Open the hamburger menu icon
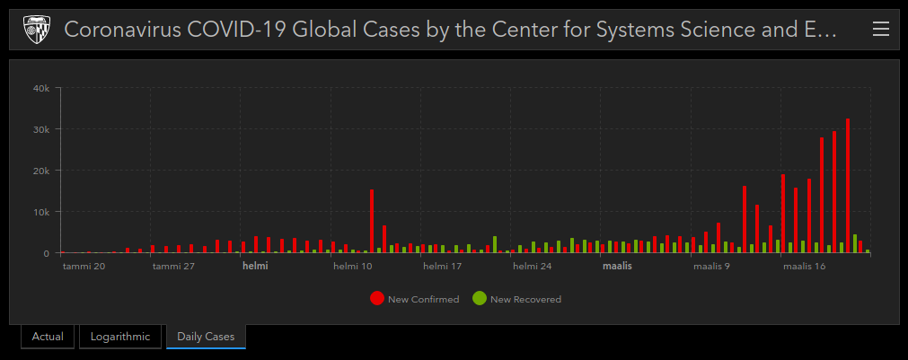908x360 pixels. click(x=881, y=30)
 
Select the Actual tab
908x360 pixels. click(x=48, y=337)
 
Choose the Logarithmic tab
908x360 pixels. click(x=119, y=337)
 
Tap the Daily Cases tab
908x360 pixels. click(x=206, y=337)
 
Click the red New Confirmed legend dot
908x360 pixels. click(x=377, y=299)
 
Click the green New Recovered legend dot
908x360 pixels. click(x=480, y=299)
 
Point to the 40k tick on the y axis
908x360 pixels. click(x=41, y=88)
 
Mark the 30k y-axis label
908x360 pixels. click(x=41, y=129)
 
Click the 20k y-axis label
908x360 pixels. click(x=41, y=171)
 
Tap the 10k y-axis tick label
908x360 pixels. click(x=41, y=212)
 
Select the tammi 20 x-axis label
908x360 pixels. click(x=84, y=267)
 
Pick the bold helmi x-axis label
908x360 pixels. click(x=255, y=267)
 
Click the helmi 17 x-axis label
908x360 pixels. click(x=442, y=267)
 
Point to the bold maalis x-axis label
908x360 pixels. click(x=617, y=267)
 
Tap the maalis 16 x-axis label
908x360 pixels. click(x=804, y=267)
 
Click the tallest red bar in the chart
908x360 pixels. click(x=848, y=186)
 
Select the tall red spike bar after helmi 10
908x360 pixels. click(x=372, y=221)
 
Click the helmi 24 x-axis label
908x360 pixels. click(x=533, y=267)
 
